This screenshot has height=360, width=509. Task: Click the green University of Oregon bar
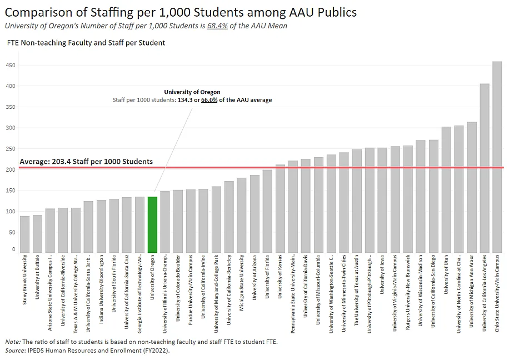(152, 224)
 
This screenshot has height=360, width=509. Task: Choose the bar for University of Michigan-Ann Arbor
(472, 187)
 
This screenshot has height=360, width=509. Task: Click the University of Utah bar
(446, 189)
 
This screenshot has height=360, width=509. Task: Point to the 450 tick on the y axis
(11, 65)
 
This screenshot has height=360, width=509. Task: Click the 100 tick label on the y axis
(11, 211)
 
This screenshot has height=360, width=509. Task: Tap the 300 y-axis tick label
(11, 128)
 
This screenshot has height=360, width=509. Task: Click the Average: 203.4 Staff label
(86, 162)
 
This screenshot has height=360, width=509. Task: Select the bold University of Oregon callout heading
(192, 92)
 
